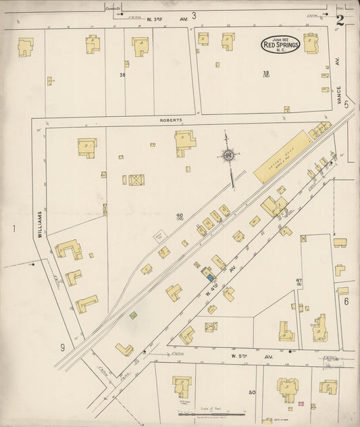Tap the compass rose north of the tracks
pyautogui.click(x=228, y=155)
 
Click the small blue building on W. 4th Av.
pyautogui.click(x=211, y=276)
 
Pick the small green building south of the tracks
pyautogui.click(x=133, y=315)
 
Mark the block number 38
pyautogui.click(x=123, y=75)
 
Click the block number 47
pyautogui.click(x=317, y=280)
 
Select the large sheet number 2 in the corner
pyautogui.click(x=340, y=20)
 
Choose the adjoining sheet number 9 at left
pyautogui.click(x=62, y=347)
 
